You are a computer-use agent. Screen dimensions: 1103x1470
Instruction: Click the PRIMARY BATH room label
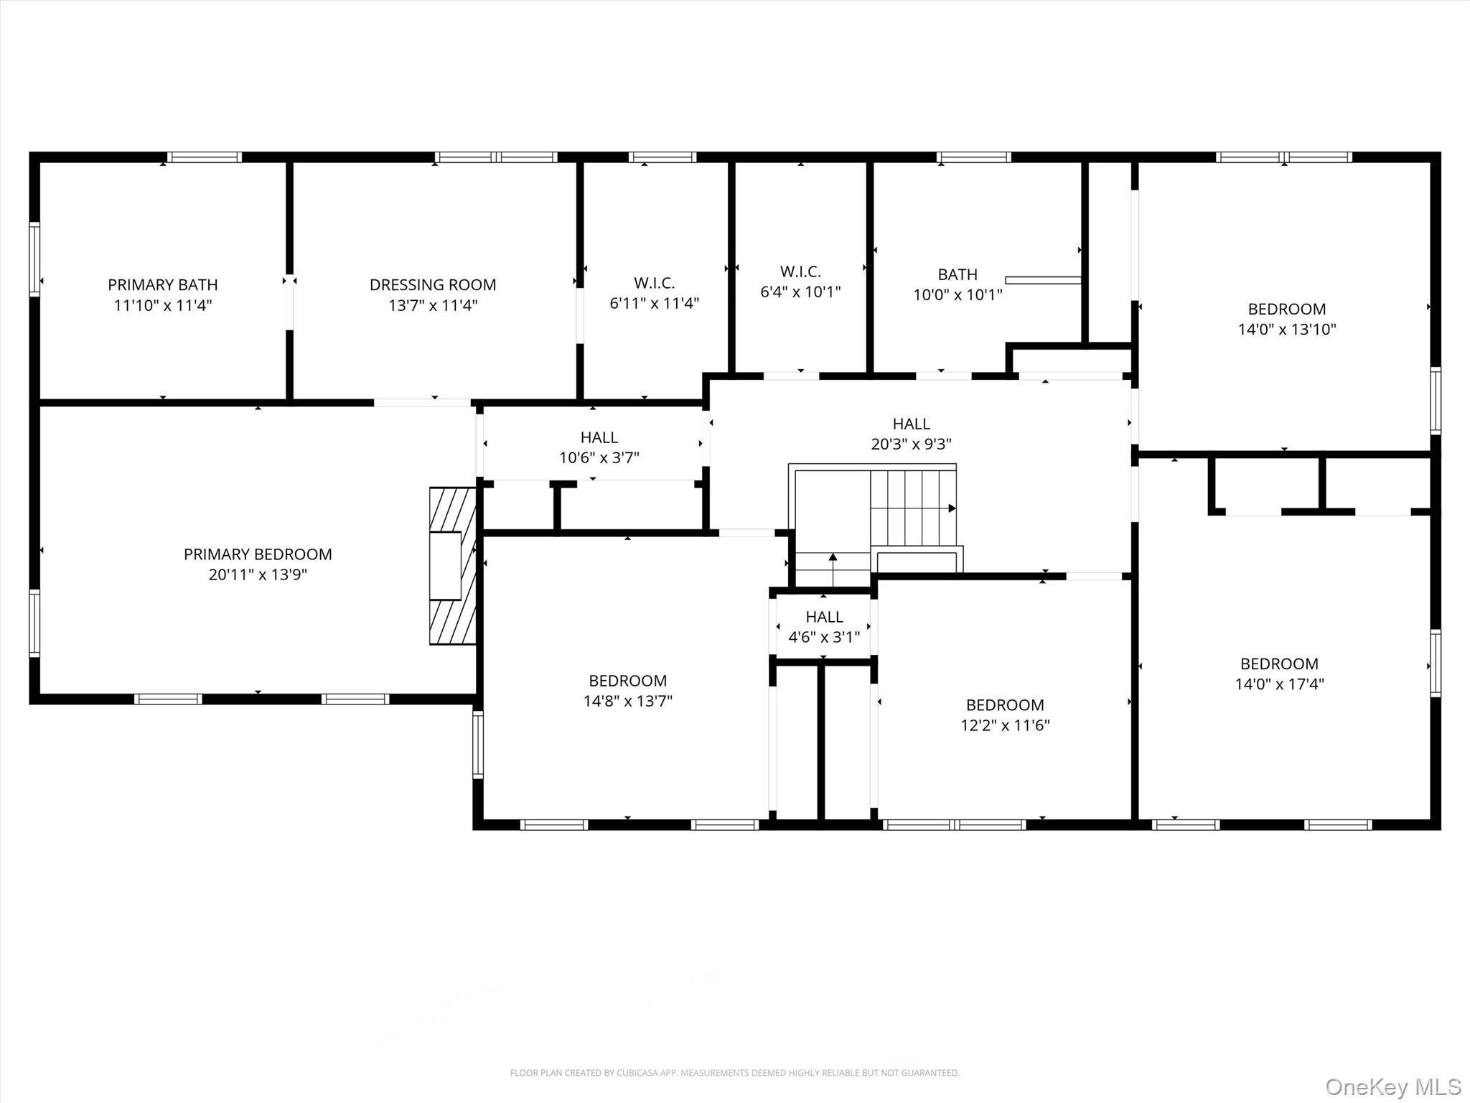click(x=163, y=285)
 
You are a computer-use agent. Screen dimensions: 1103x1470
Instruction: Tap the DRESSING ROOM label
click(x=433, y=285)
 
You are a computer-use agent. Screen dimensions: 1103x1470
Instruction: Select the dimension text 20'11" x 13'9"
click(x=258, y=574)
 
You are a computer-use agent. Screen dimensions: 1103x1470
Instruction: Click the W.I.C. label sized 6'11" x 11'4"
click(x=654, y=283)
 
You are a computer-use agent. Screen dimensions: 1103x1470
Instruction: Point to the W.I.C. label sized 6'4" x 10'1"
click(x=800, y=272)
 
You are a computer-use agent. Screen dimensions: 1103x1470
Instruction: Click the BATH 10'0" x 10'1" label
click(x=958, y=275)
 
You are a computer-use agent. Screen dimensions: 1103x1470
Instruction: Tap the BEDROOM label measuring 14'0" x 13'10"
click(x=1286, y=310)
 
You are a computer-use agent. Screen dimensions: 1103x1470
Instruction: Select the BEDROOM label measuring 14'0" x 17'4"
click(x=1279, y=664)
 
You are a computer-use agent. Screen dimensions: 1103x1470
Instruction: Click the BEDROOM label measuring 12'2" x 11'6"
click(x=1005, y=705)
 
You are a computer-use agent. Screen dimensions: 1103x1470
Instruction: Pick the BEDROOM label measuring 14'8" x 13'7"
click(x=627, y=681)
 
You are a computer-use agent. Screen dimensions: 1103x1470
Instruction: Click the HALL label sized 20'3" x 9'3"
click(x=911, y=424)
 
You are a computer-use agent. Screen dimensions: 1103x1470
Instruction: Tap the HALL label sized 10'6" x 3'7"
click(x=599, y=438)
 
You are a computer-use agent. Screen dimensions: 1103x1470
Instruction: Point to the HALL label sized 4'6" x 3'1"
click(x=824, y=618)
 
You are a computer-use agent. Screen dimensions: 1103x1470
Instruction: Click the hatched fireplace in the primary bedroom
click(x=453, y=566)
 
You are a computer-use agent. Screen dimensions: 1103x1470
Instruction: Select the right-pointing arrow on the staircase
click(x=951, y=508)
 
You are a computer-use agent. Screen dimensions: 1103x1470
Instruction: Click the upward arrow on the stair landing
click(x=833, y=557)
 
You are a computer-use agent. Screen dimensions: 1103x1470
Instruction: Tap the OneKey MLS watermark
click(x=1392, y=1086)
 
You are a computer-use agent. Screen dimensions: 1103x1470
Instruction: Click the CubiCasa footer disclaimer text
click(x=734, y=1073)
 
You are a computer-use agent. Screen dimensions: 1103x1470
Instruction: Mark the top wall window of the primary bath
click(x=205, y=157)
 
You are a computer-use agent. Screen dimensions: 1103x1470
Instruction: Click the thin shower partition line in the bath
click(x=1043, y=280)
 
